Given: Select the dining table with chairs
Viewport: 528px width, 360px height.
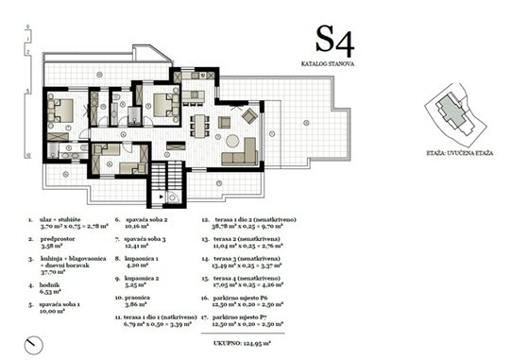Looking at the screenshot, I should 201,124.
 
